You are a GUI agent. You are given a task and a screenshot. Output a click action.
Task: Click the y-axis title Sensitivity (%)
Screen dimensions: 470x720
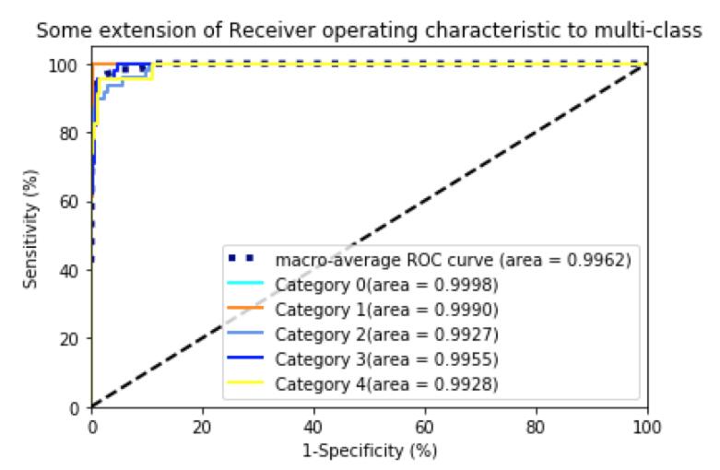pyautogui.click(x=31, y=229)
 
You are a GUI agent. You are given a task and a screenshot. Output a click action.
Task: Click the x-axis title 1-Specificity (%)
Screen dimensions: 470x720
pyautogui.click(x=369, y=452)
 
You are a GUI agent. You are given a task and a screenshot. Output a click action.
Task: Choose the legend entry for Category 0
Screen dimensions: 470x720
pyautogui.click(x=387, y=284)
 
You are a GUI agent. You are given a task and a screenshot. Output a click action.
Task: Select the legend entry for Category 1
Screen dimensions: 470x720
pyautogui.click(x=387, y=309)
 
